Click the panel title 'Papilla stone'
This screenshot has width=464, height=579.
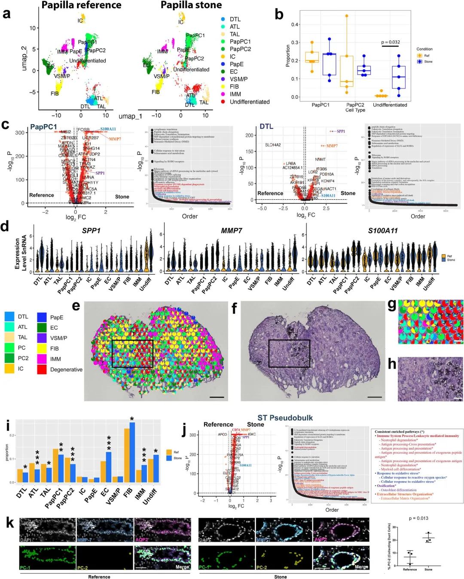point(191,5)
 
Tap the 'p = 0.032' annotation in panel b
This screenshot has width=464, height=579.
point(391,42)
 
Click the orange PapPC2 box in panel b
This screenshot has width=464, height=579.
point(346,71)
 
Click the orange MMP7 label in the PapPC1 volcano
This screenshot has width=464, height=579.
point(115,139)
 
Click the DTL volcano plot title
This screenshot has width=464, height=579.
point(266,126)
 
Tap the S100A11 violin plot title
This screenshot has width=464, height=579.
point(383,231)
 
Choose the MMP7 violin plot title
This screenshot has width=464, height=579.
point(232,231)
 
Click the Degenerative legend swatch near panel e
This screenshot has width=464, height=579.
point(42,369)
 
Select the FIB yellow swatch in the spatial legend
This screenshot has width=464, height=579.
point(42,348)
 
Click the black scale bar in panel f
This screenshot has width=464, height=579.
point(375,397)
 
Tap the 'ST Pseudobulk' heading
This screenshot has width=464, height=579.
point(285,418)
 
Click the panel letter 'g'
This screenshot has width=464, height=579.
point(391,305)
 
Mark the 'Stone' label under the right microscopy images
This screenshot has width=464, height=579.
point(280,576)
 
